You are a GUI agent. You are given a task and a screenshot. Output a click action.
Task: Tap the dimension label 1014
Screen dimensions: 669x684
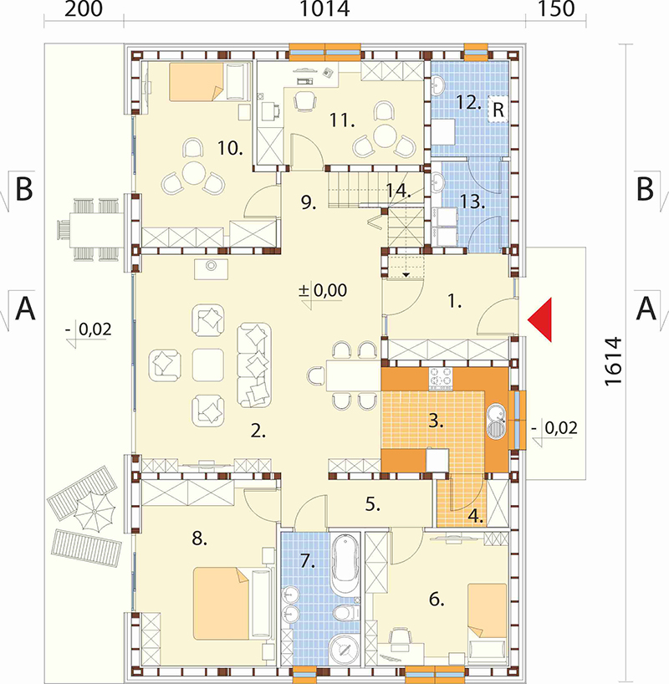tap(324, 8)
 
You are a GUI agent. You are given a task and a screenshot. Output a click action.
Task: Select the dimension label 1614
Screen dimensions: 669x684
tap(613, 360)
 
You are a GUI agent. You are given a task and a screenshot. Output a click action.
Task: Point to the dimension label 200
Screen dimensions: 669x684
tap(84, 8)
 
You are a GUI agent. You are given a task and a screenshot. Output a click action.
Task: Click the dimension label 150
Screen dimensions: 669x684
tap(555, 8)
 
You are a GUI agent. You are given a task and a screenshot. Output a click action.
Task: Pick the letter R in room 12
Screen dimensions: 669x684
tap(498, 110)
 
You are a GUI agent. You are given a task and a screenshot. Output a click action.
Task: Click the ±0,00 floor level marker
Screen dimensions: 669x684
tap(324, 290)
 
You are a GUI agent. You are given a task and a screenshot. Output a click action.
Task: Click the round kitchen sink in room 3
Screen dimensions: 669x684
tap(496, 421)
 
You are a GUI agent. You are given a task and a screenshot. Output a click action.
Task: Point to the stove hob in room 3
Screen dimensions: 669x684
tap(441, 378)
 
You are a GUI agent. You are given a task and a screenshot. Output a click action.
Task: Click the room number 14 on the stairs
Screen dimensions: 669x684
tap(398, 191)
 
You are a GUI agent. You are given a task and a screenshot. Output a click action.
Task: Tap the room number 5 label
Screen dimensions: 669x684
tap(372, 505)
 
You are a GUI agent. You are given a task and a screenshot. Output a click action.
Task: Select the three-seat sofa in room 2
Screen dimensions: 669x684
tap(254, 365)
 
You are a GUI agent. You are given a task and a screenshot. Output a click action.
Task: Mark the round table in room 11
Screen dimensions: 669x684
tap(385, 136)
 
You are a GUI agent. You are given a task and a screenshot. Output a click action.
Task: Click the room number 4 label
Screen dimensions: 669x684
tap(475, 517)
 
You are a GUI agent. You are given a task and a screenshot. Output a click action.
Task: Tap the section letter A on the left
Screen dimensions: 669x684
tap(25, 308)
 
